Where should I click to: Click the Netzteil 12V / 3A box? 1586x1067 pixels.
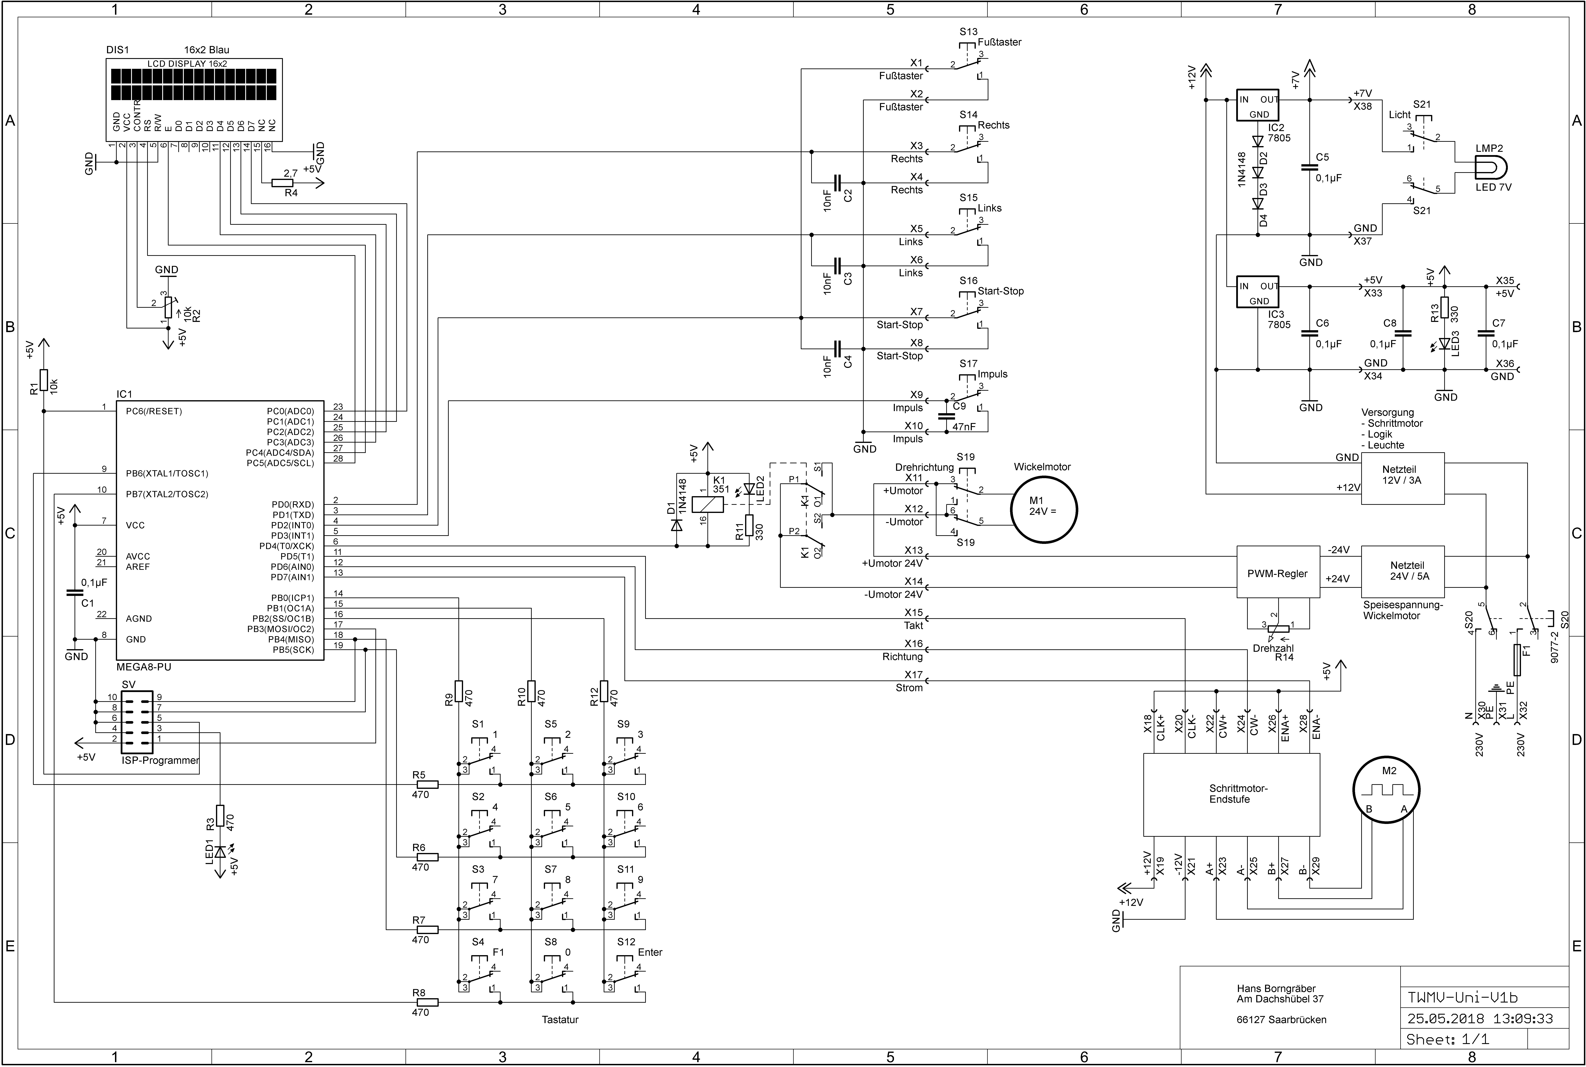(x=1402, y=478)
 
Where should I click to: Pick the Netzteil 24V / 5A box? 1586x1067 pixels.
(x=1402, y=570)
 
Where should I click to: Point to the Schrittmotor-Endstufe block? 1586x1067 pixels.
(x=1231, y=794)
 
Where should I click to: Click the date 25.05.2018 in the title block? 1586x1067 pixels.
(x=1438, y=1019)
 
